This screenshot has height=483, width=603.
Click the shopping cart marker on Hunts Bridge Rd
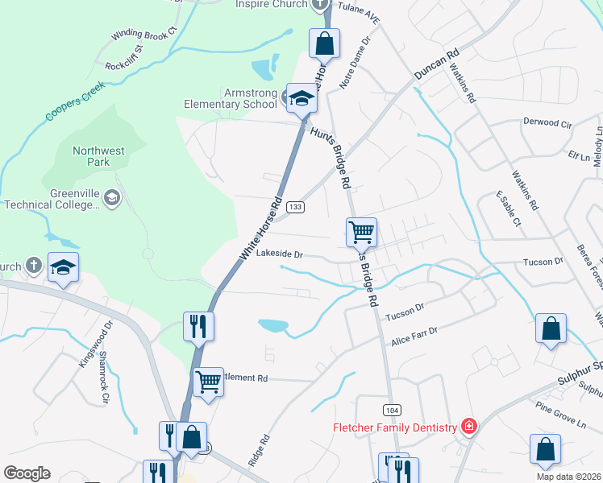pos(362,232)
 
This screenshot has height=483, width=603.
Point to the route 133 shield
pos(296,207)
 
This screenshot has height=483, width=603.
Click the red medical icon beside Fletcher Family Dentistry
pos(468,426)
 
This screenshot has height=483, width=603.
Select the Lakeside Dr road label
pos(279,254)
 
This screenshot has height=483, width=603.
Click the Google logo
pos(27,473)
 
